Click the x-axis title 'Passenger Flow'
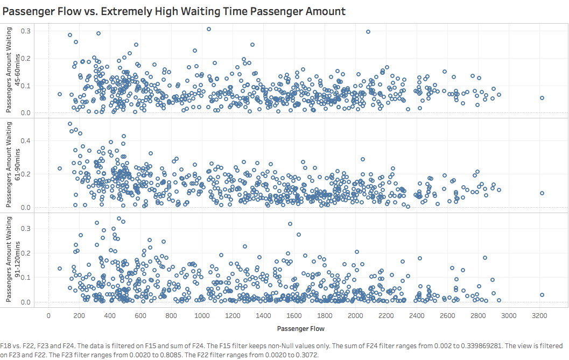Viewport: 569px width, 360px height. coord(301,328)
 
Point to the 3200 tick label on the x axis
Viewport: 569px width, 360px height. coord(540,315)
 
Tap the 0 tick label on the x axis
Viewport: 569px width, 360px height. coord(49,315)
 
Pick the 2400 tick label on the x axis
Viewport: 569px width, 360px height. coord(417,315)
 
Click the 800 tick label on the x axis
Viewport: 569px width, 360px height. coord(172,315)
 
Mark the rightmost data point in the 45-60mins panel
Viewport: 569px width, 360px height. coord(542,98)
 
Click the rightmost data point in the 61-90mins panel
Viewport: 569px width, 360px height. coord(542,193)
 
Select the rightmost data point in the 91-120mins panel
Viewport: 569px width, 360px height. coord(542,295)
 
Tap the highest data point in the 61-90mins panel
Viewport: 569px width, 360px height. coord(70,124)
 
